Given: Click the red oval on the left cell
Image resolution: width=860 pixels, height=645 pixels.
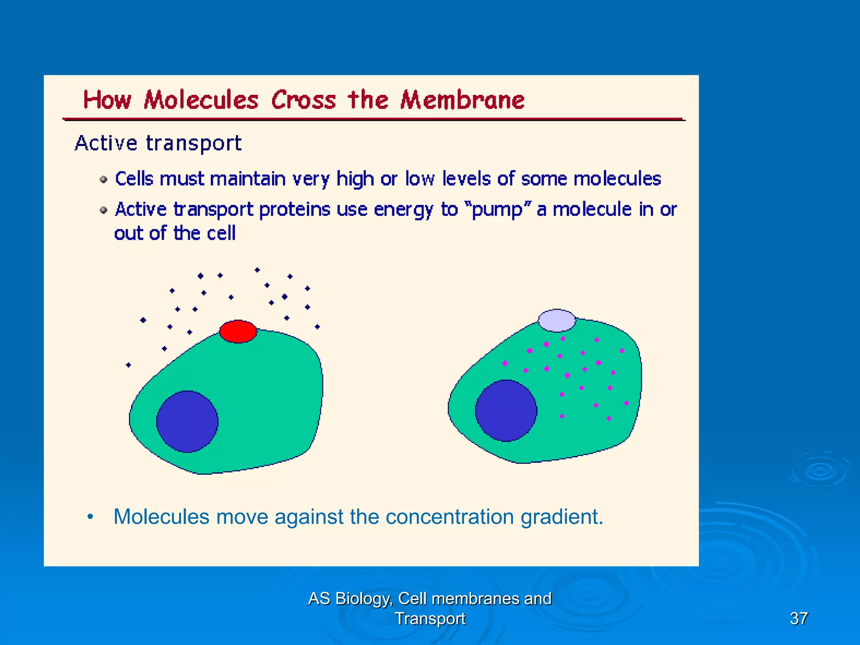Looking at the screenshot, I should pyautogui.click(x=238, y=331).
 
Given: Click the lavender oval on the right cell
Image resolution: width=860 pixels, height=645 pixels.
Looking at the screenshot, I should pyautogui.click(x=557, y=320).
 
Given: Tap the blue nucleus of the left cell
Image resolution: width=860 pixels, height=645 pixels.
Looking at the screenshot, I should pyautogui.click(x=187, y=422).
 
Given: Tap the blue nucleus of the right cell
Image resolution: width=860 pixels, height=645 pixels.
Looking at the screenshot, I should pyautogui.click(x=506, y=411).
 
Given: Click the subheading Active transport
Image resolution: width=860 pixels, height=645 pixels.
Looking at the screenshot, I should pyautogui.click(x=158, y=144).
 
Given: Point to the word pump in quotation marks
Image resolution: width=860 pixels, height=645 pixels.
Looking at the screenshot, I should pyautogui.click(x=497, y=210).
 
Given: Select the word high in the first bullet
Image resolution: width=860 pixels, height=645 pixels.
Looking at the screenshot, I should pyautogui.click(x=355, y=179).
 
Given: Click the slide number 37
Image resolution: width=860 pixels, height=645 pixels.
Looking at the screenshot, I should pyautogui.click(x=798, y=618).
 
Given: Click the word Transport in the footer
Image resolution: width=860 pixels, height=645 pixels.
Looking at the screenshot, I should pyautogui.click(x=430, y=618).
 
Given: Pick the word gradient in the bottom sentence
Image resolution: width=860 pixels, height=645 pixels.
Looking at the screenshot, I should pyautogui.click(x=561, y=517).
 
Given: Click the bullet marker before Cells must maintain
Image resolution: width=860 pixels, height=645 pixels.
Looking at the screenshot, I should pyautogui.click(x=103, y=180).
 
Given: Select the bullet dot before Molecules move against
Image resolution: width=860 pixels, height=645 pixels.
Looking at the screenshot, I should pyautogui.click(x=90, y=517).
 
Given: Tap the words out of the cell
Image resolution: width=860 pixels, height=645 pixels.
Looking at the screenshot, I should pyautogui.click(x=175, y=233).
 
